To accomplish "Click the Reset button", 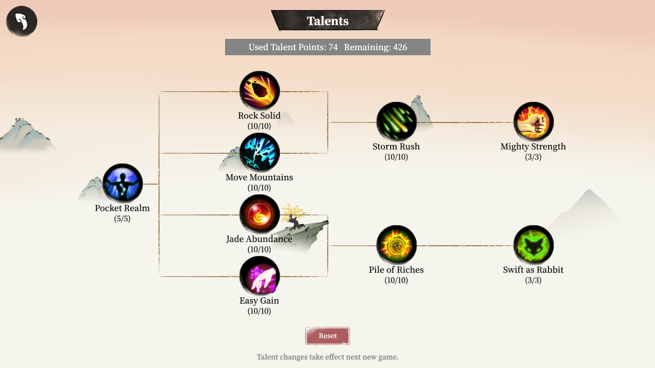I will (327, 336).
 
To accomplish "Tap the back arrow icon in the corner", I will (21, 21).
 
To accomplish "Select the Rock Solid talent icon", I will (260, 91).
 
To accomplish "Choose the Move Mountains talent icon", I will (260, 152).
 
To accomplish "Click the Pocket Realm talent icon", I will (122, 183).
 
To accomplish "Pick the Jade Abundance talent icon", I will (260, 214).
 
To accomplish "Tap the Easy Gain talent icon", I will (260, 276).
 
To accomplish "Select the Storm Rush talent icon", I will (396, 122).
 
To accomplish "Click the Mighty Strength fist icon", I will (533, 122).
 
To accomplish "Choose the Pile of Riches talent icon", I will (396, 245).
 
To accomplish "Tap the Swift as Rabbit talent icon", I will (533, 245).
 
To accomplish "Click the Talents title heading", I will (327, 21).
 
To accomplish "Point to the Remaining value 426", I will (400, 47).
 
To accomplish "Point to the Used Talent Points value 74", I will (333, 47).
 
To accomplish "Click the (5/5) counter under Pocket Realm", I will (122, 219).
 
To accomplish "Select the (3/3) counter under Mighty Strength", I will (533, 157).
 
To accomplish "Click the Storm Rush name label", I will (396, 147).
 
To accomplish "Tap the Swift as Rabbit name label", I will (533, 270).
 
